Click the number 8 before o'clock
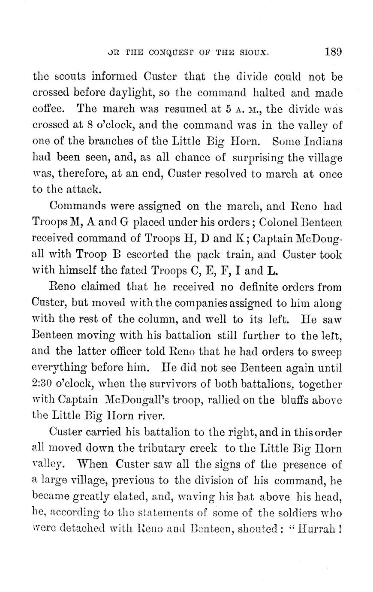84,125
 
